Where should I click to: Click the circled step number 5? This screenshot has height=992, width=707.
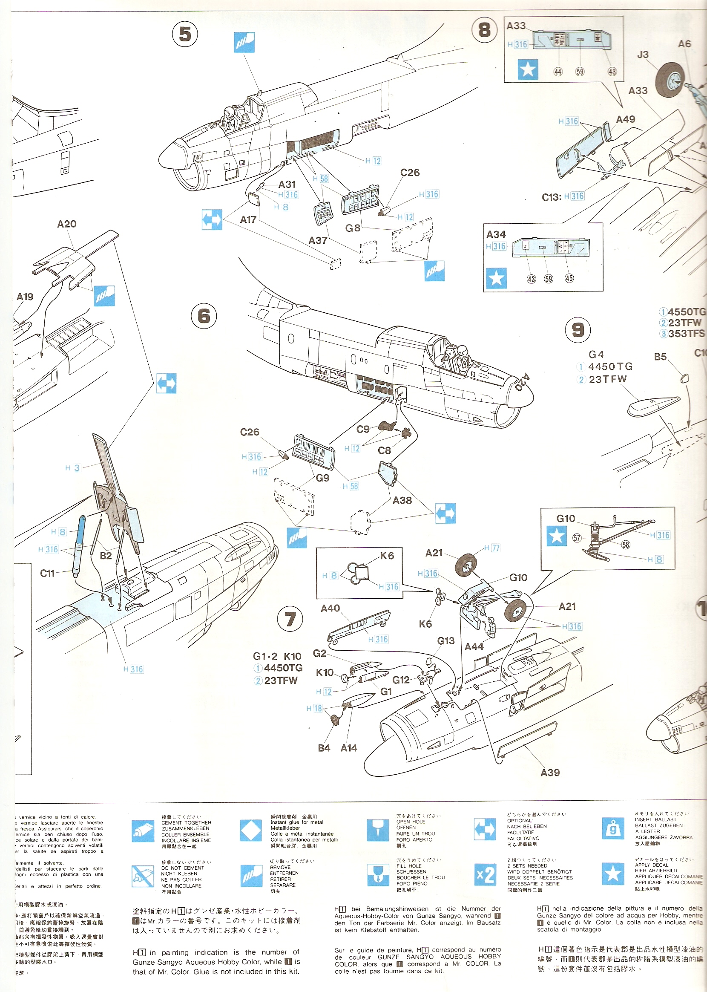pyautogui.click(x=185, y=35)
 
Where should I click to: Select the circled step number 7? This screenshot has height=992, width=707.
pyautogui.click(x=290, y=619)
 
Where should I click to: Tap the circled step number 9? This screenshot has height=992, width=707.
pyautogui.click(x=578, y=330)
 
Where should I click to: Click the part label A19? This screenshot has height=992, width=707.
pyautogui.click(x=25, y=297)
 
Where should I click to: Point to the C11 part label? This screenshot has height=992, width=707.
pyautogui.click(x=47, y=573)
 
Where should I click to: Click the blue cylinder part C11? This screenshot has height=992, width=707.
pyautogui.click(x=79, y=546)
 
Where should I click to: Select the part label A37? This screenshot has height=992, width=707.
pyautogui.click(x=318, y=240)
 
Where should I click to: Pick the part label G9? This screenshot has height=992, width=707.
pyautogui.click(x=322, y=478)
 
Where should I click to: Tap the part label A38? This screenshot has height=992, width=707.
pyautogui.click(x=402, y=500)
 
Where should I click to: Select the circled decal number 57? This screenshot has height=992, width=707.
pyautogui.click(x=577, y=538)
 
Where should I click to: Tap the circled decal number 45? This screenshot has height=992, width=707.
pyautogui.click(x=569, y=278)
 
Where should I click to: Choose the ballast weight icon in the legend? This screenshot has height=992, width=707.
pyautogui.click(x=612, y=829)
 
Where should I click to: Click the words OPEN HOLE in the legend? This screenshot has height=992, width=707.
pyautogui.click(x=411, y=822)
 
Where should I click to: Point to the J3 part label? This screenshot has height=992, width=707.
pyautogui.click(x=643, y=55)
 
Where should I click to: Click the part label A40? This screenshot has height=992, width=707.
pyautogui.click(x=330, y=608)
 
